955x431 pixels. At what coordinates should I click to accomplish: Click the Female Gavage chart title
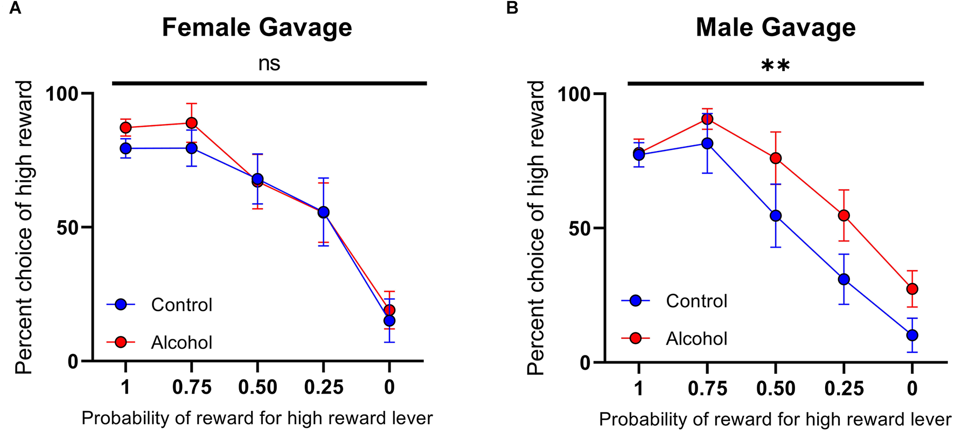(257, 28)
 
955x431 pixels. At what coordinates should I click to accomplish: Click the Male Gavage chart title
(775, 28)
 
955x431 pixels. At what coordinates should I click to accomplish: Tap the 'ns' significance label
(269, 64)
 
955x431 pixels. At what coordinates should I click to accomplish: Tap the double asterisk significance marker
(775, 66)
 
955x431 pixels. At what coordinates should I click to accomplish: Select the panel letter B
(512, 8)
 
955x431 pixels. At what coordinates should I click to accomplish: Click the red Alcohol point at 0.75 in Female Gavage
(192, 123)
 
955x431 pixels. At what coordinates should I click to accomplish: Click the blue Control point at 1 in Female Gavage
(126, 148)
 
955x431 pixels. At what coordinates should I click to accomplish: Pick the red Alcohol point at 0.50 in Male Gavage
(776, 158)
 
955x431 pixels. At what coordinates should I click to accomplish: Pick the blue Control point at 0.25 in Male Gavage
(844, 279)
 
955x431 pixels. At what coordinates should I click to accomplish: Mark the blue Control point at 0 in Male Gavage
(912, 335)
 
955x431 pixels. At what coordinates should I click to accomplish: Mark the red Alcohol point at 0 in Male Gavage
(912, 289)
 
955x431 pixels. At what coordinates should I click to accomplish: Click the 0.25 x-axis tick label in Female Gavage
(323, 387)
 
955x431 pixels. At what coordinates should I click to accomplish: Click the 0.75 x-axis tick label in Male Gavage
(707, 388)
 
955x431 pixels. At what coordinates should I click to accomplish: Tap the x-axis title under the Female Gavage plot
(257, 418)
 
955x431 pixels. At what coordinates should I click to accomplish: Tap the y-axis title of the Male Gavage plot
(536, 228)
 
